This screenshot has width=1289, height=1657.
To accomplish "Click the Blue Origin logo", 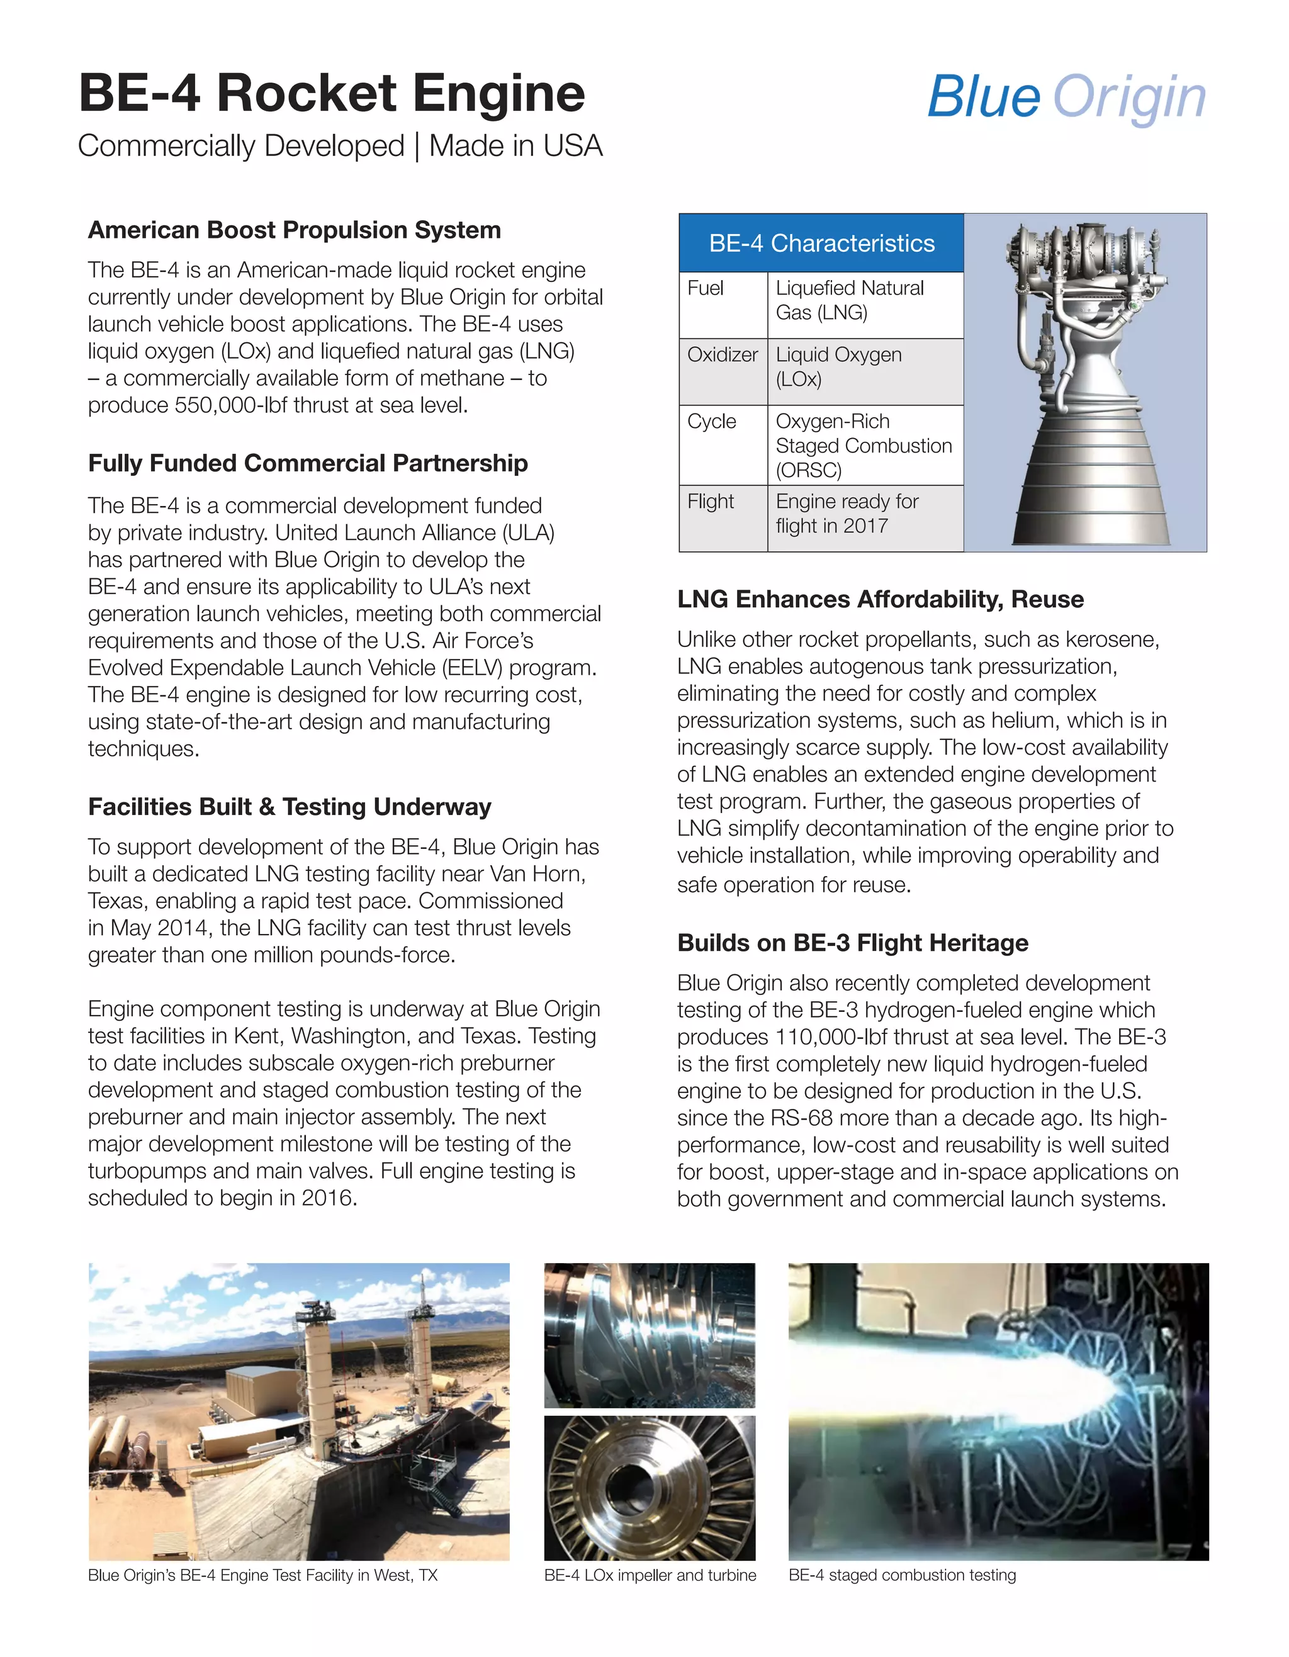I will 1066,97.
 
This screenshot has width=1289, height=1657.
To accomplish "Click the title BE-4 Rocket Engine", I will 332,93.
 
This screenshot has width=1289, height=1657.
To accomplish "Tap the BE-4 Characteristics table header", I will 821,243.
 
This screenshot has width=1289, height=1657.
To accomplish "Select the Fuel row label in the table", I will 706,288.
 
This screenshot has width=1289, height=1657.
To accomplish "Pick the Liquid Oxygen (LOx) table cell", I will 838,366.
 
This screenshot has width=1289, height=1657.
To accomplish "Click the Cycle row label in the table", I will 712,421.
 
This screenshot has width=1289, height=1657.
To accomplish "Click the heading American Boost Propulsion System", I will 295,230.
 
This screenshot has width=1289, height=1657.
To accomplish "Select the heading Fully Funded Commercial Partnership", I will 307,463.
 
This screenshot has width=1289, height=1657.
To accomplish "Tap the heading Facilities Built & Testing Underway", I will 289,807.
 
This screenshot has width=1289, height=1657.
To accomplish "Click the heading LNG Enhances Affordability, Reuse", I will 880,598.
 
